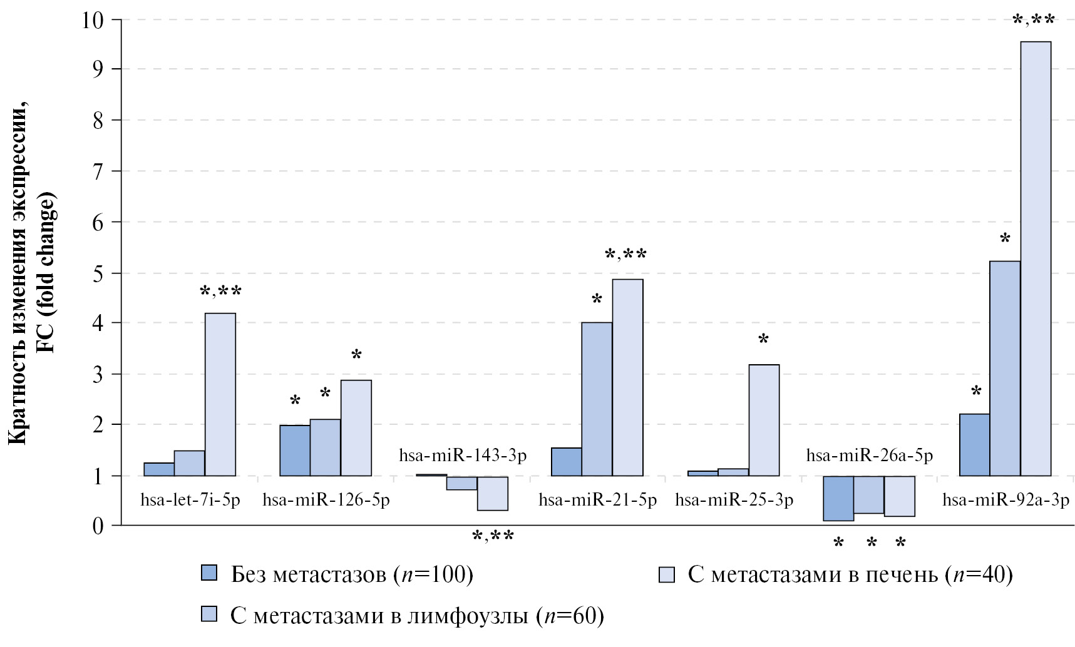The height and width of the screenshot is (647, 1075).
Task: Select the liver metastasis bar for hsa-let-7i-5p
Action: pyautogui.click(x=220, y=394)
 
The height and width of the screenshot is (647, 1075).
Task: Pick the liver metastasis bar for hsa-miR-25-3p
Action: pyautogui.click(x=764, y=420)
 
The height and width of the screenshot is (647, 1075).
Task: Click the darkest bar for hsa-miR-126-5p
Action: pyautogui.click(x=295, y=451)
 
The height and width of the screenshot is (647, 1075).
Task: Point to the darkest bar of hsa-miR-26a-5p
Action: pyautogui.click(x=838, y=498)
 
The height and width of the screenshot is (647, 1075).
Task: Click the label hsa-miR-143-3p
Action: pyautogui.click(x=463, y=456)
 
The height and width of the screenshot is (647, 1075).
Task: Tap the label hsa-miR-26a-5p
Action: pyautogui.click(x=870, y=456)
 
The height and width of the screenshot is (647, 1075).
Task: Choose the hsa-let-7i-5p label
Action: pyautogui.click(x=190, y=501)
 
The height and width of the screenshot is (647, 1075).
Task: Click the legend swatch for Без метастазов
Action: pyautogui.click(x=209, y=573)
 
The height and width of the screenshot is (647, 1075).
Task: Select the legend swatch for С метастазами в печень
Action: pyautogui.click(x=667, y=574)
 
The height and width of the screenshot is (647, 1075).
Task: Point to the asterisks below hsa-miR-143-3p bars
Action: pyautogui.click(x=493, y=537)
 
